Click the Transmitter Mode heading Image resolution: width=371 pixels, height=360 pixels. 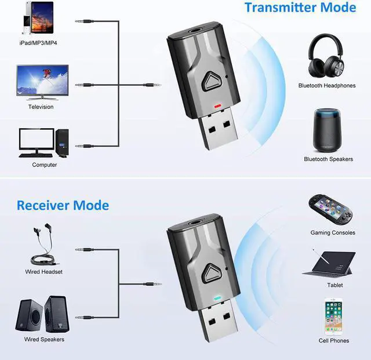tap(300, 8)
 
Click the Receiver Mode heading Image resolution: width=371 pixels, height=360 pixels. tap(63, 205)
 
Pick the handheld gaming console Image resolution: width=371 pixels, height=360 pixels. tap(332, 210)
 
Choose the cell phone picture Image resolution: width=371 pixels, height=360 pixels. tap(333, 316)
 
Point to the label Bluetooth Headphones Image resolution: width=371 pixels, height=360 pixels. tap(327, 86)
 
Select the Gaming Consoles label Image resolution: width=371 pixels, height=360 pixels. tap(332, 232)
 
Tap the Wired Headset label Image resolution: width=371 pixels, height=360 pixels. tap(43, 272)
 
